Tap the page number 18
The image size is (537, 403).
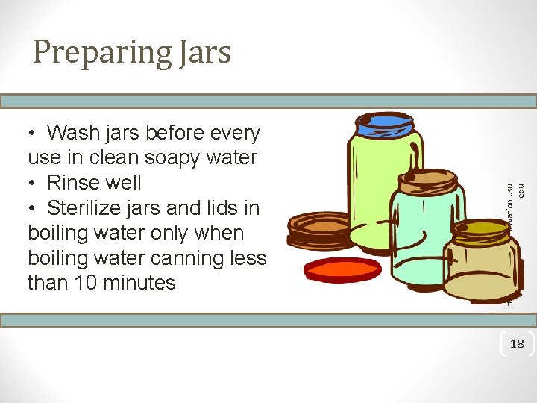click(516, 343)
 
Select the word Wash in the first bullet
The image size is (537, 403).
click(73, 133)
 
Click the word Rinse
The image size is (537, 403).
click(74, 183)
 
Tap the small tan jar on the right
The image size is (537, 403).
click(481, 269)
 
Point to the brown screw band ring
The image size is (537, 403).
click(317, 228)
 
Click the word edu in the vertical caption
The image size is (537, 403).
click(522, 191)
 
